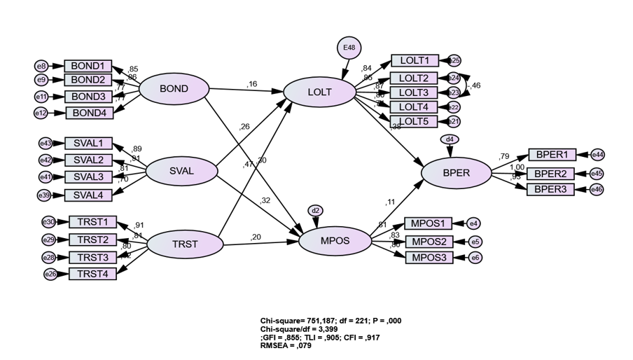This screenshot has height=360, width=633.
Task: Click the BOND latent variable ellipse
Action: tap(174, 89)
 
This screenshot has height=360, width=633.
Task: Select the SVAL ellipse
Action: tap(181, 171)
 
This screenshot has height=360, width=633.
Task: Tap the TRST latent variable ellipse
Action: tap(185, 244)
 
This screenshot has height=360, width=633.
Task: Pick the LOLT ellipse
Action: tap(319, 92)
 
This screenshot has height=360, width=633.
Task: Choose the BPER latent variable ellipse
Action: tap(456, 172)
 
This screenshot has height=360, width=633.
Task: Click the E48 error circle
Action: tap(349, 48)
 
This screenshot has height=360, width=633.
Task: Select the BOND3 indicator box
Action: tap(88, 96)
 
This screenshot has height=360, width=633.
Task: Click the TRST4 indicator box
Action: tap(92, 274)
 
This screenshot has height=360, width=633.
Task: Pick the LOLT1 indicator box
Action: tap(415, 61)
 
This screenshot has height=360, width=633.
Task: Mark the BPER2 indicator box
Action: tap(551, 173)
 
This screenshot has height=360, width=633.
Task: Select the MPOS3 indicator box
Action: tap(429, 258)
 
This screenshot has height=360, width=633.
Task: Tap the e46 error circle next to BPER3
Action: tap(597, 189)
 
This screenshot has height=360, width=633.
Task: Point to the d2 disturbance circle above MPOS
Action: tap(316, 210)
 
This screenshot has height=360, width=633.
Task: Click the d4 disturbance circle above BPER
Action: tap(450, 139)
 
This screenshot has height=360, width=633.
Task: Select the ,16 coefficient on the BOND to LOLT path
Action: tap(252, 84)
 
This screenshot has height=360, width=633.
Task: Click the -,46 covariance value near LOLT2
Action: tap(475, 85)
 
